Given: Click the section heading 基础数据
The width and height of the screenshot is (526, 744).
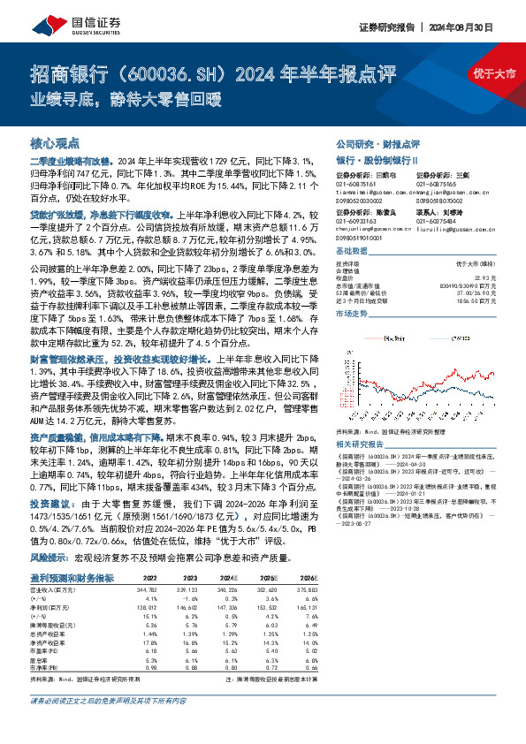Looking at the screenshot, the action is pos(353,251).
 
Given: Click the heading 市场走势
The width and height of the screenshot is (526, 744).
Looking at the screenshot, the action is pos(353,313).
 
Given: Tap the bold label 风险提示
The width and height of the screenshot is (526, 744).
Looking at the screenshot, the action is pos(50,558).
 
